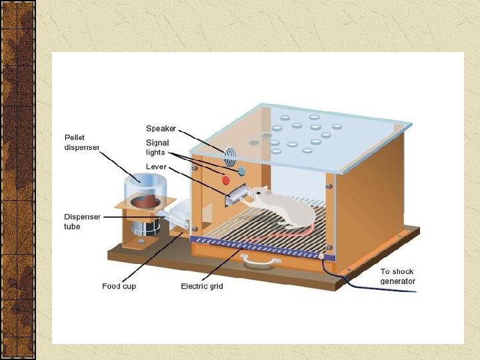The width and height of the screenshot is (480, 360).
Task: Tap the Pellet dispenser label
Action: tap(82, 142)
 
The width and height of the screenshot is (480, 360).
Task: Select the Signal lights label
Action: tap(158, 147)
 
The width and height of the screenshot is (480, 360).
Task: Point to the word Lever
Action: tap(156, 166)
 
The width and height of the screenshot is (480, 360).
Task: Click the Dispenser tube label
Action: tap(82, 221)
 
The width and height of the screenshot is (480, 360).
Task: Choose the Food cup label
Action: tap(120, 286)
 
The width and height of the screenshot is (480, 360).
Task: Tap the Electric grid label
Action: tap(202, 286)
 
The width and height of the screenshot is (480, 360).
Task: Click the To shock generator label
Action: tap(397, 276)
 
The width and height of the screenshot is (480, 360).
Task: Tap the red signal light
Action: tap(225, 179)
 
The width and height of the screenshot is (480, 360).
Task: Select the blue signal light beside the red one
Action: tap(241, 171)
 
